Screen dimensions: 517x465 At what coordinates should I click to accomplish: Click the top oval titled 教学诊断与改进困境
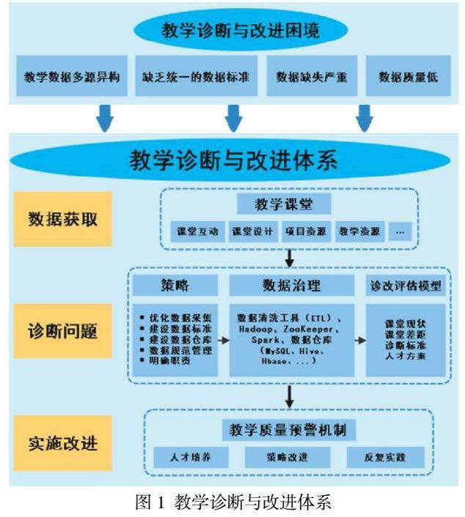pos(232,31)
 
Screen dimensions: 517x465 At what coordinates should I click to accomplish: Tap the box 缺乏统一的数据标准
pos(196,75)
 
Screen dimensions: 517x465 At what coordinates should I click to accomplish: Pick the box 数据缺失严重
pos(312,75)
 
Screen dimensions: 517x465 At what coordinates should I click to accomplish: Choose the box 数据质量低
pos(408,75)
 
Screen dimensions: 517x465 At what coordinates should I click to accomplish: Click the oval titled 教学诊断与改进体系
pos(232,159)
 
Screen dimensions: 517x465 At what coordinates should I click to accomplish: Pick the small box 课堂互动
pos(197,231)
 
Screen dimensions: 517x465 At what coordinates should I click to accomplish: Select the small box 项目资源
pos(305,231)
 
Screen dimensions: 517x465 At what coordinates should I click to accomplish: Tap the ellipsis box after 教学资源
pos(400,231)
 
